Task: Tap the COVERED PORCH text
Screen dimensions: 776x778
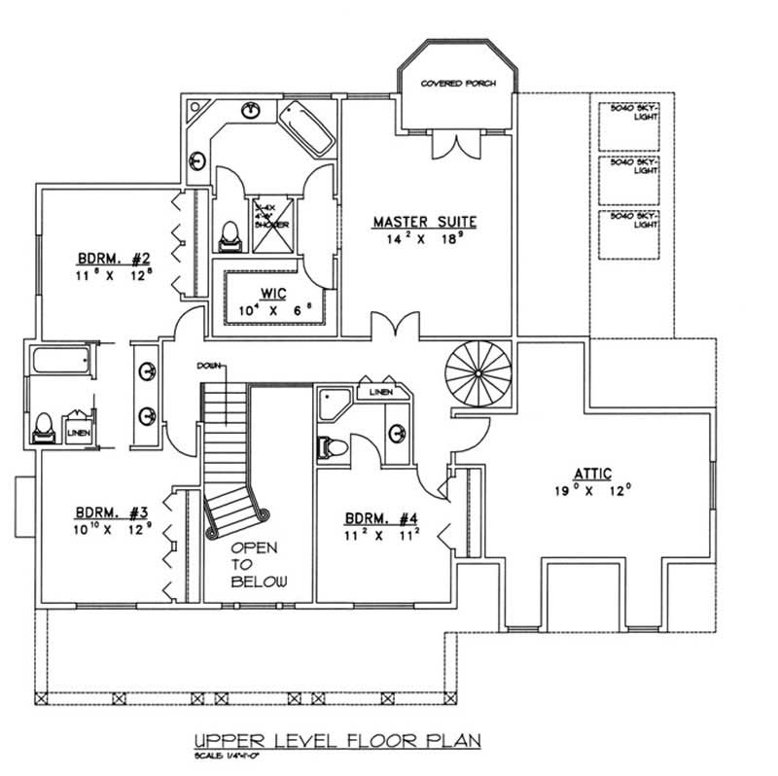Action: [x=457, y=85]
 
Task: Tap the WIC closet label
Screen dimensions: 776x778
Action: [x=270, y=293]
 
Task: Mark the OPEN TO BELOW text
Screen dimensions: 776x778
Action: [x=259, y=564]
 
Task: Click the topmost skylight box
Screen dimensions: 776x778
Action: [x=627, y=124]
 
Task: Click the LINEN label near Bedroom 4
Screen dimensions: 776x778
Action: [x=379, y=392]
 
